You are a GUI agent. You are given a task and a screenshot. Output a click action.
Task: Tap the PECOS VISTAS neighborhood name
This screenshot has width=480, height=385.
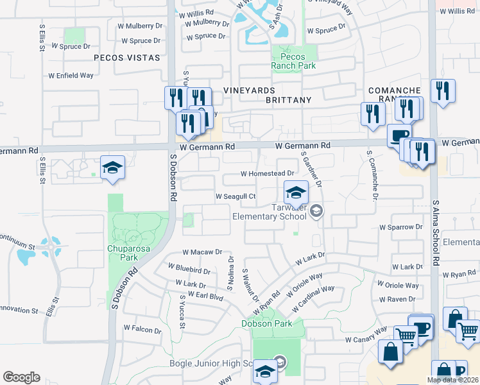[x=126, y=58]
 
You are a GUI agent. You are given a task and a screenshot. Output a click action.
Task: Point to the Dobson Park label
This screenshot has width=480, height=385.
[x=266, y=323]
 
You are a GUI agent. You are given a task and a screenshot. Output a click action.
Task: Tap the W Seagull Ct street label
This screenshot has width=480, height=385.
[x=236, y=196]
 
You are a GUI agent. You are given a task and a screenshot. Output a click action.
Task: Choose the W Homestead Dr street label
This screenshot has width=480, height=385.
[x=267, y=173]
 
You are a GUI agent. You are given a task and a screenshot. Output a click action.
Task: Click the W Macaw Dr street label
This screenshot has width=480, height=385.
[x=201, y=252]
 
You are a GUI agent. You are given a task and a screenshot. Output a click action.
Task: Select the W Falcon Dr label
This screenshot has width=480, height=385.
[x=142, y=330]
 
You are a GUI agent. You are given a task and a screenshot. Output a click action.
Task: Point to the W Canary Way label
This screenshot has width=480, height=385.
[x=366, y=339]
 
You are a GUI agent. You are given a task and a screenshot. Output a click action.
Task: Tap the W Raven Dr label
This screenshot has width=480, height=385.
[x=399, y=299]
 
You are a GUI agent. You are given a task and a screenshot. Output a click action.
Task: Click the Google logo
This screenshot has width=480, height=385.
[x=21, y=377]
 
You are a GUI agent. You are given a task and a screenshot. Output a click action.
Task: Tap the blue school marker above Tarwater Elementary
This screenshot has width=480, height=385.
[x=296, y=193]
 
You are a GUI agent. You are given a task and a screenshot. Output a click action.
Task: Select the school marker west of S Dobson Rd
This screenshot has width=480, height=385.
[x=112, y=168]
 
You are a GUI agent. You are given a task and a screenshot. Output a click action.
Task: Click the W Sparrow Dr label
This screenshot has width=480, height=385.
[x=401, y=227]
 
